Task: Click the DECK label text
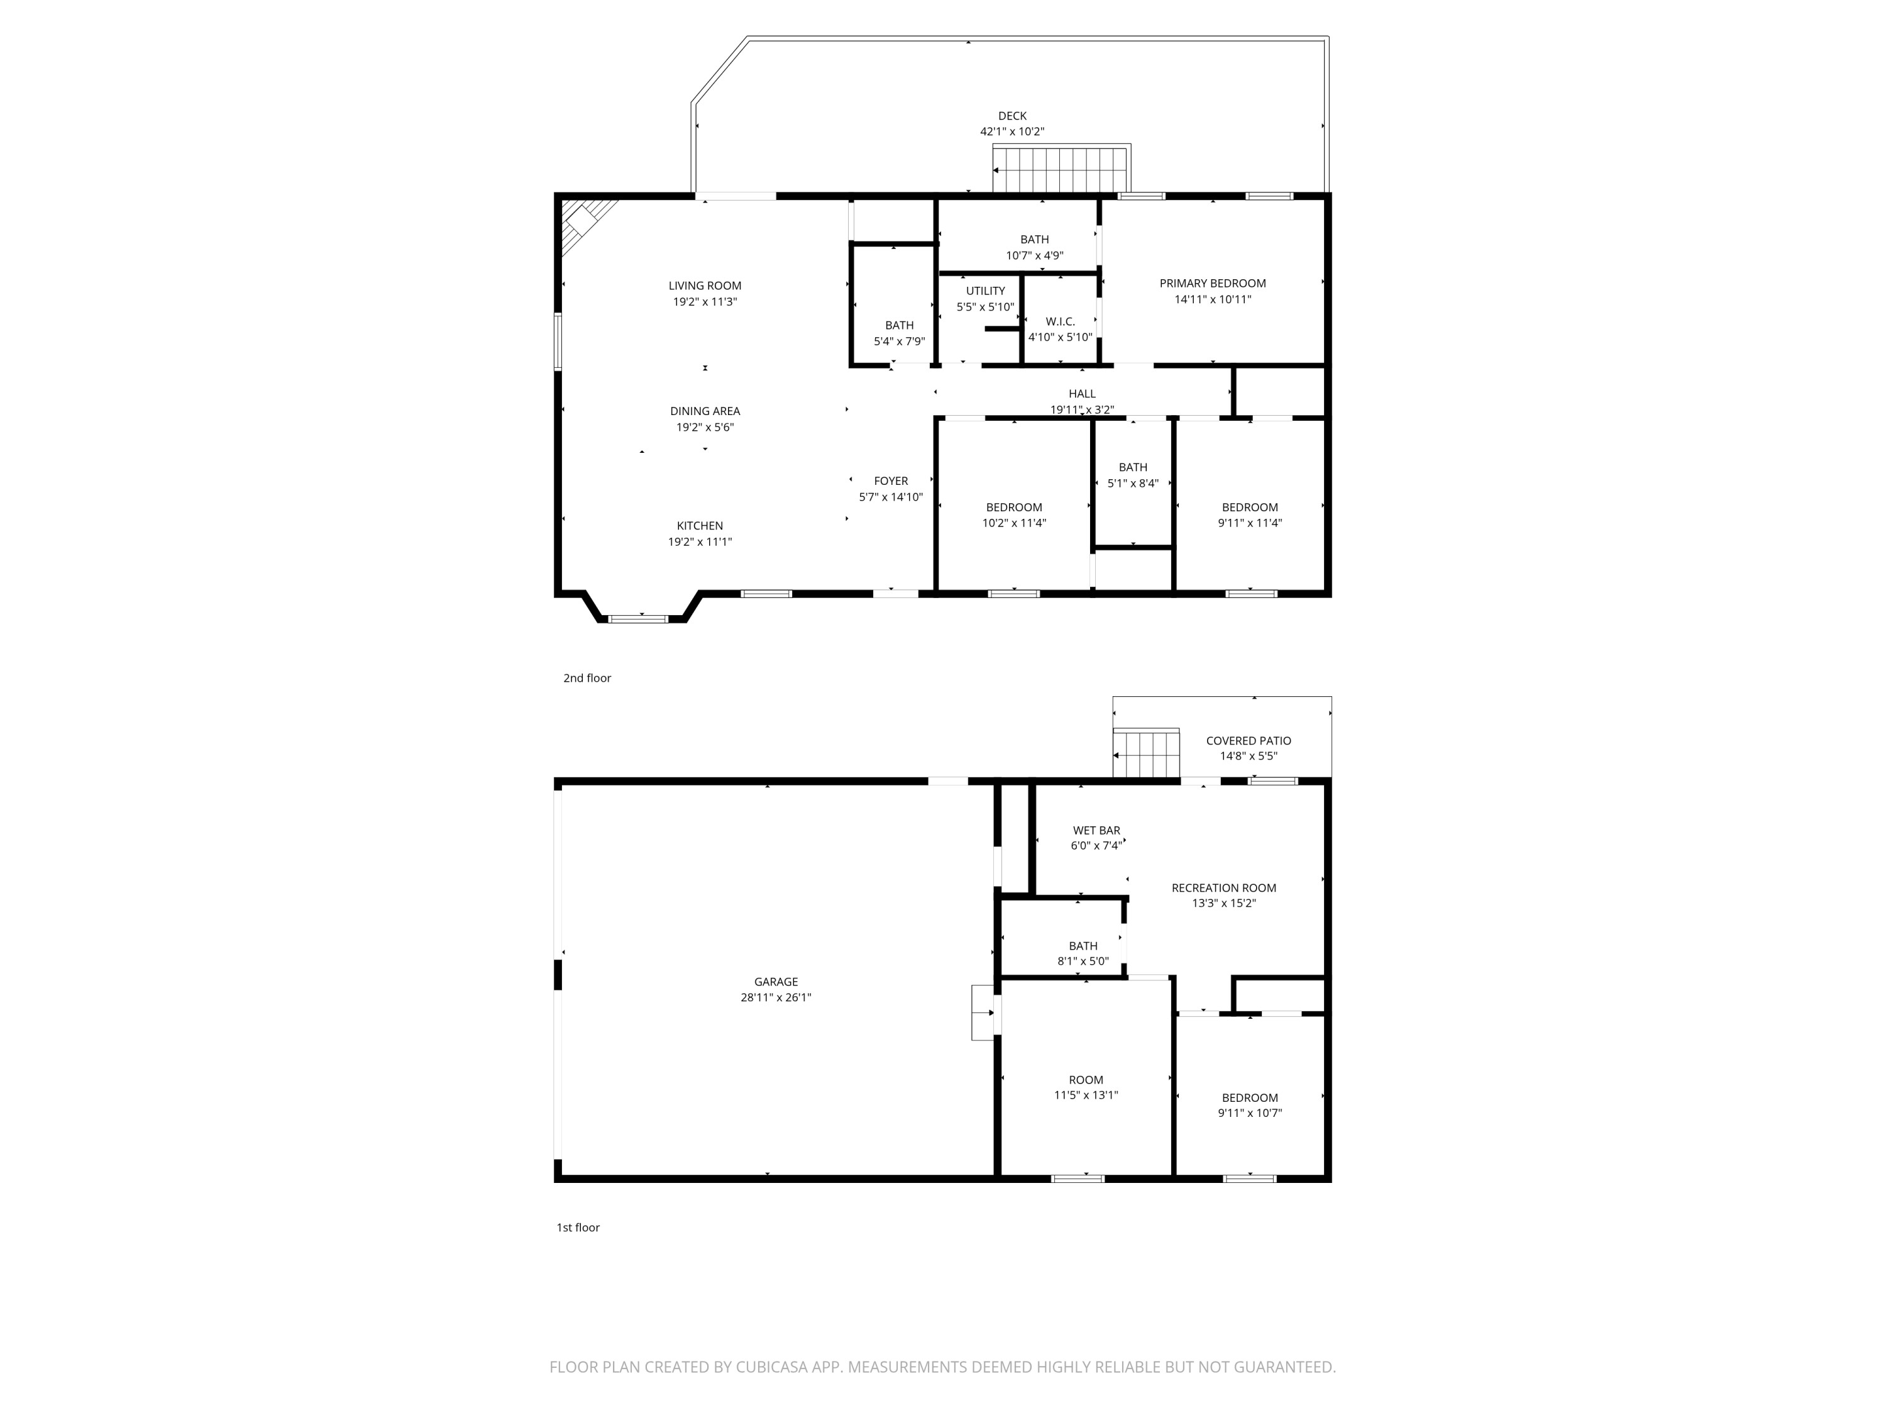tap(1012, 116)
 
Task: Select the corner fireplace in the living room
tap(586, 223)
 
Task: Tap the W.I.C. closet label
tap(1060, 321)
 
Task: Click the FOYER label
tap(890, 481)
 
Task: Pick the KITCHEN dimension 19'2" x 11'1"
tap(699, 541)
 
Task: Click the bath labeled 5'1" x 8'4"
tap(1132, 475)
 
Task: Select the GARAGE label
tap(775, 982)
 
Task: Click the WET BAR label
tap(1096, 830)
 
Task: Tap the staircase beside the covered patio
tap(1147, 755)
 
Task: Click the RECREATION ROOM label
tap(1223, 888)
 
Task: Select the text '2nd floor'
tap(587, 678)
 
